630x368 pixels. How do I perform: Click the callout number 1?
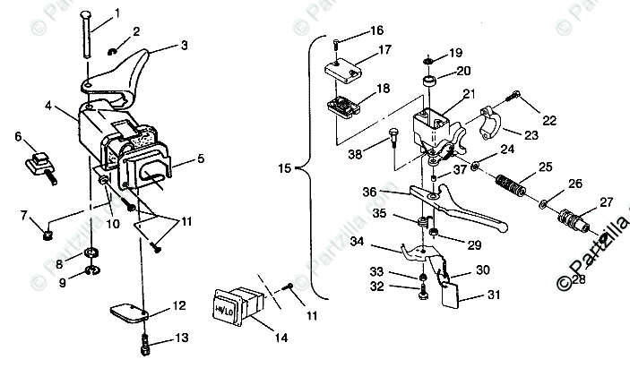[117, 13]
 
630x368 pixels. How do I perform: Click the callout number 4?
[48, 105]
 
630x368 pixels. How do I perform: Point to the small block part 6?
[39, 164]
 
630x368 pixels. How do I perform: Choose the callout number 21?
[468, 93]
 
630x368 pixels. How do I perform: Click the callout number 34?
[358, 241]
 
